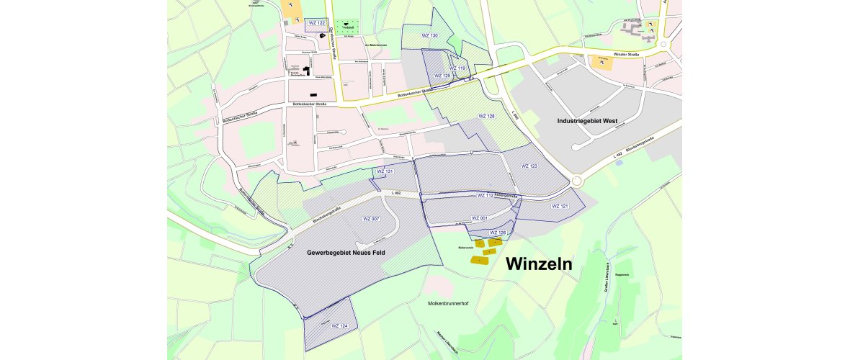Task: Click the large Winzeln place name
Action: tap(539, 264)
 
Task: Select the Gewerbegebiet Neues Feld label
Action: tap(349, 253)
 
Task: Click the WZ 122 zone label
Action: tap(317, 23)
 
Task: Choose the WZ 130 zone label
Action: tap(430, 35)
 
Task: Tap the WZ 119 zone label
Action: tap(457, 68)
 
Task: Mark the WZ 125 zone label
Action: tap(442, 76)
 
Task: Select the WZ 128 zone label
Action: tap(487, 116)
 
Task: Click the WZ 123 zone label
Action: tap(529, 166)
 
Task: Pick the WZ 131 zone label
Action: tap(385, 171)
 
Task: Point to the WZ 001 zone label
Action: tap(480, 217)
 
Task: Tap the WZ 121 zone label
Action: tap(560, 206)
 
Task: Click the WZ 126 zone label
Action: tap(498, 233)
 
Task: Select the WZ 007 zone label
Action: tap(370, 218)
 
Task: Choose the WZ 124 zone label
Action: tap(339, 326)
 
